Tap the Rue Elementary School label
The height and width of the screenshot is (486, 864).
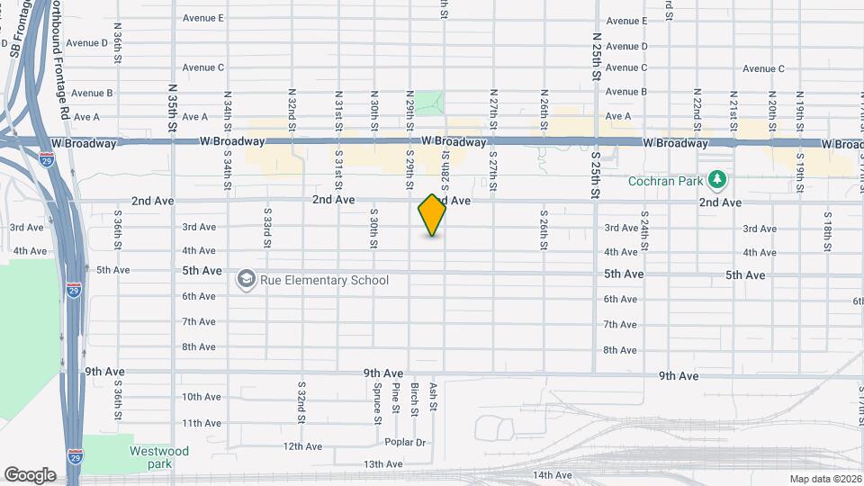pyautogui.click(x=324, y=280)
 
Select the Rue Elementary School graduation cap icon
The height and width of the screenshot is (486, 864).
pyautogui.click(x=245, y=280)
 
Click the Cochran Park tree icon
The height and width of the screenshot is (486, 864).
pyautogui.click(x=716, y=180)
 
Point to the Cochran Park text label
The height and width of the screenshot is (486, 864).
pyautogui.click(x=668, y=180)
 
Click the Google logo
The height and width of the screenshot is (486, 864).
pyautogui.click(x=30, y=474)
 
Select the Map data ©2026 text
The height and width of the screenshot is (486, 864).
pyautogui.click(x=825, y=479)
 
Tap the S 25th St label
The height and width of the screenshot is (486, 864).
pyautogui.click(x=596, y=170)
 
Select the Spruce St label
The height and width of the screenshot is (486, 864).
pyautogui.click(x=377, y=398)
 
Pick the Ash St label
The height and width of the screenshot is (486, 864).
pyautogui.click(x=433, y=397)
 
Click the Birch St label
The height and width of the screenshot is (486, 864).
pyautogui.click(x=415, y=399)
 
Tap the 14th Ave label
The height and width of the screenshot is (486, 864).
pyautogui.click(x=553, y=475)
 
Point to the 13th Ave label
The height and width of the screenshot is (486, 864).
pyautogui.click(x=382, y=464)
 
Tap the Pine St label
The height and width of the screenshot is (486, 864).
pyautogui.click(x=396, y=398)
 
